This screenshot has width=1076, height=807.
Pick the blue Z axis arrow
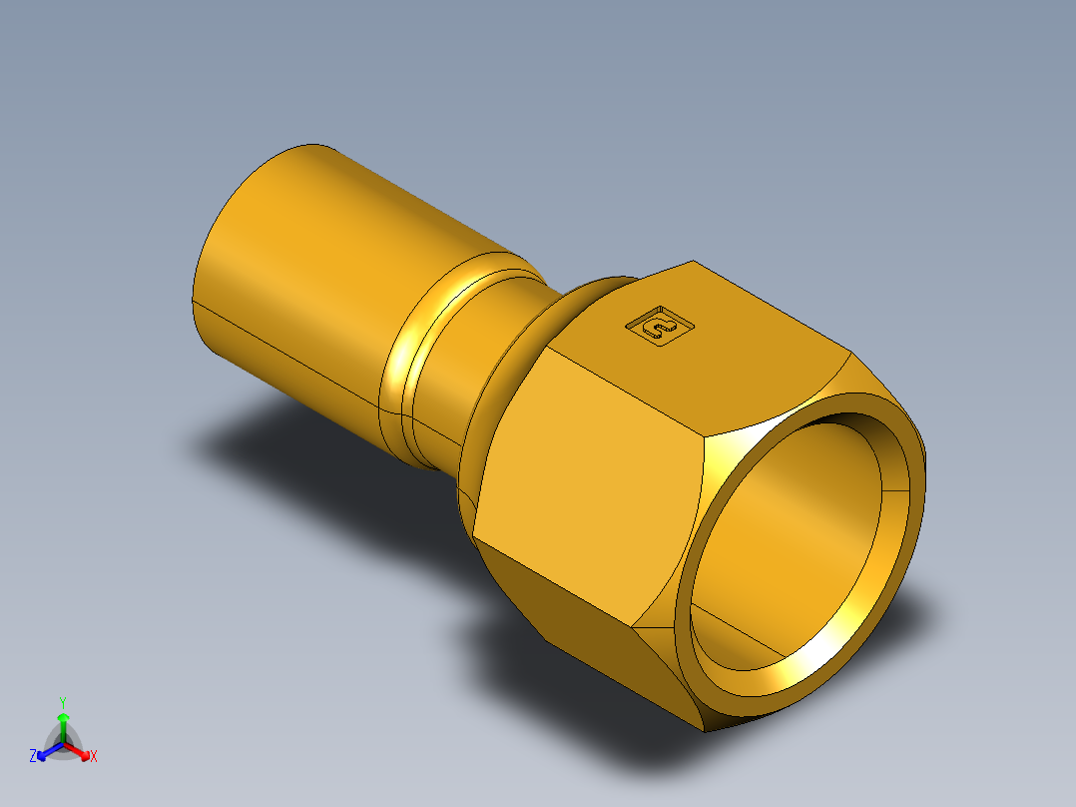[x=44, y=752]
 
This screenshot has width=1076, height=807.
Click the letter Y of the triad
[x=63, y=701]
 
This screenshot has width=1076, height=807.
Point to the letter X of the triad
[x=94, y=757]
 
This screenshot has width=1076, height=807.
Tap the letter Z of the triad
[x=33, y=757]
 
